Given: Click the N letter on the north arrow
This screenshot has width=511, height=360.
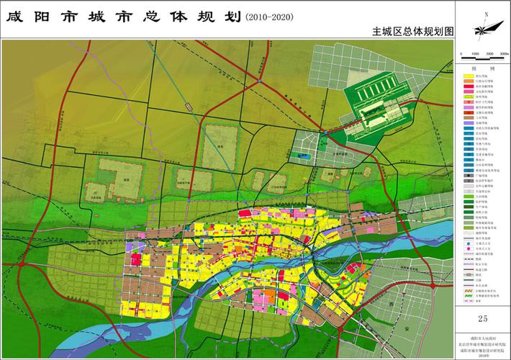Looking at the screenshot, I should click(487, 14).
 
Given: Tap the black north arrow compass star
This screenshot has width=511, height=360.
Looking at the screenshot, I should click(484, 30).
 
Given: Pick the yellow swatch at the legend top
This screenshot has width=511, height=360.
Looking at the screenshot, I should click(469, 75).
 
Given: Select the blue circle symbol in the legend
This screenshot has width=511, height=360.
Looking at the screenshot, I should click(469, 245).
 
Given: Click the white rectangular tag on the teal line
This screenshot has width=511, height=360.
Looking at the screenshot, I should click(189, 107).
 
